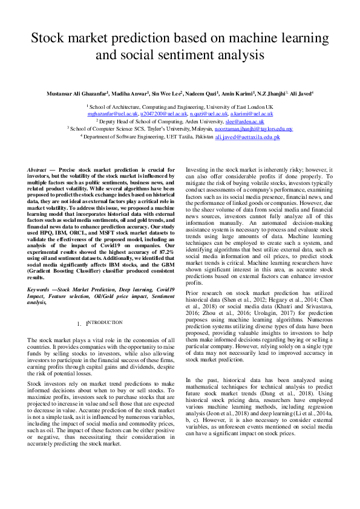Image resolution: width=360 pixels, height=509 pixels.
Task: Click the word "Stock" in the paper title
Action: point(53,39)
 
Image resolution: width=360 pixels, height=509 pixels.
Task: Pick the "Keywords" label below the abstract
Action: point(41,290)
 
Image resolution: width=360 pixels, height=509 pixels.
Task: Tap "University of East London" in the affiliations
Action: point(235,106)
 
